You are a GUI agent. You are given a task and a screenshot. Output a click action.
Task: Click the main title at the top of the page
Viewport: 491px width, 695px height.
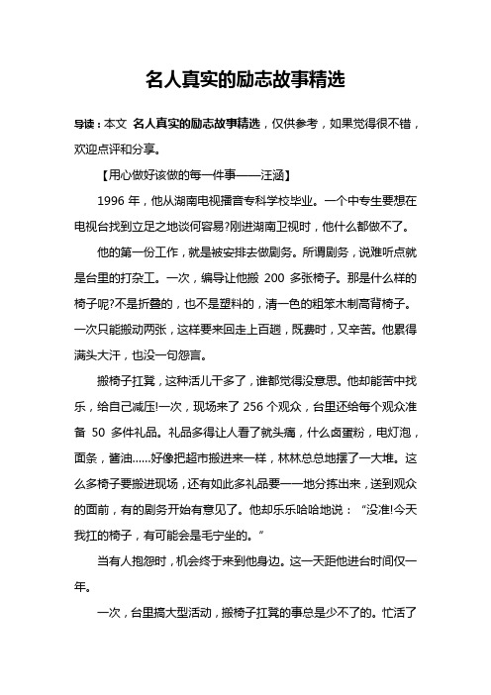(x=245, y=77)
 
